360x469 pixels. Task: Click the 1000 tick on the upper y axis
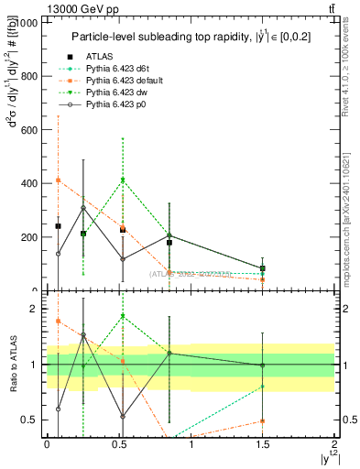coord(29,22)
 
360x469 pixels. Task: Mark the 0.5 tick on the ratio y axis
coord(32,420)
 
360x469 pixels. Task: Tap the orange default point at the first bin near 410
coord(58,180)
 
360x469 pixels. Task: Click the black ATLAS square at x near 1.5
coord(263,268)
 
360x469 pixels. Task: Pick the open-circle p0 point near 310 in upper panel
coord(83,208)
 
